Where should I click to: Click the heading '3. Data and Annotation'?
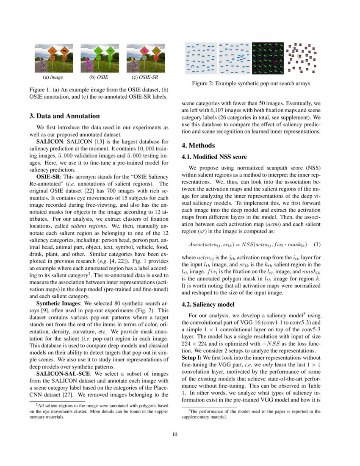point(64,116)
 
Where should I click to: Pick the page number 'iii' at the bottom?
point(180,434)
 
